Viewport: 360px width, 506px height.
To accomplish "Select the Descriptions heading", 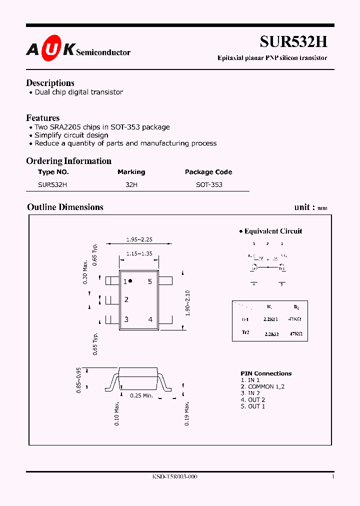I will click(50, 83).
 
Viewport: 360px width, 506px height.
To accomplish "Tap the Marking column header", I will click(131, 172).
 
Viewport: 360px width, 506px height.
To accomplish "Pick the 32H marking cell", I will click(131, 184).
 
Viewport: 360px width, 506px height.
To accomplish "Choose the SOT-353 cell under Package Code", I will click(209, 184).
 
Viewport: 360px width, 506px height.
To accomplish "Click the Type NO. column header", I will click(53, 172).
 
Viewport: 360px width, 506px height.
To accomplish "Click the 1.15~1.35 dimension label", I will click(138, 254).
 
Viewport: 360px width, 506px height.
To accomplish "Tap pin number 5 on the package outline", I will click(149, 282).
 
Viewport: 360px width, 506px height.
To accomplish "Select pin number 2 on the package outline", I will click(126, 300).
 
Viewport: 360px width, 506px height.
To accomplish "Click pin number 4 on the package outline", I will click(150, 319).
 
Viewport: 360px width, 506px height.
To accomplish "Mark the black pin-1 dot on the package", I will click(130, 281).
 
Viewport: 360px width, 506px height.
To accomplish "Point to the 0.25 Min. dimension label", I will click(141, 396).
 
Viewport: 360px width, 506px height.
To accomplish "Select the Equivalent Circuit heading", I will click(273, 231).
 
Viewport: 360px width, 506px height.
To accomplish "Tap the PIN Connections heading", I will click(266, 373).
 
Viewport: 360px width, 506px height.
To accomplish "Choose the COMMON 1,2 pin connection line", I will click(262, 386).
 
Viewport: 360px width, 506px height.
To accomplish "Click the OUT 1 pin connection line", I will click(253, 406).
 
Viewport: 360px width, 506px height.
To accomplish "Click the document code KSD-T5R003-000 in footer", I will click(175, 477).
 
